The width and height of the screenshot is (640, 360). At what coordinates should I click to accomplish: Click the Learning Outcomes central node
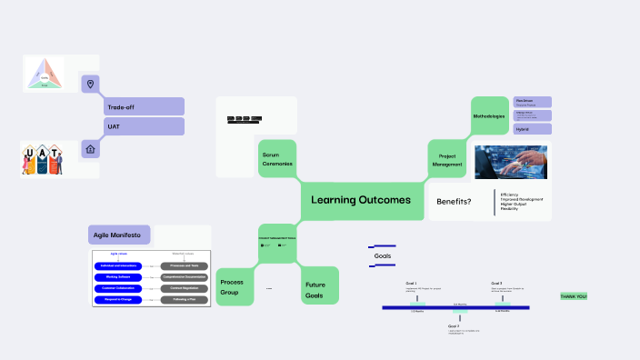coord(361,200)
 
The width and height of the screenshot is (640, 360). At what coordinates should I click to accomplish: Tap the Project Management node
coord(446,160)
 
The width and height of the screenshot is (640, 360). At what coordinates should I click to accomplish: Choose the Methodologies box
coord(489,117)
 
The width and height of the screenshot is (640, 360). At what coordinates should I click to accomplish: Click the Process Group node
coord(233,287)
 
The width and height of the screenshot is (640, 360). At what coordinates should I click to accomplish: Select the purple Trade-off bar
coord(145,106)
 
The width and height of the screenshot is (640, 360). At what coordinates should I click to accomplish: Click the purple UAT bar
coord(145,126)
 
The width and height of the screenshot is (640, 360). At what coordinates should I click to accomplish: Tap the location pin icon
coord(90,85)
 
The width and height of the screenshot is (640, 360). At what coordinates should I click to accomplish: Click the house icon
coord(90,148)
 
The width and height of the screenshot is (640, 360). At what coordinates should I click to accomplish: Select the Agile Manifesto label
coord(119,235)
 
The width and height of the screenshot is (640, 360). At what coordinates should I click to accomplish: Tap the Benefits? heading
coord(455,202)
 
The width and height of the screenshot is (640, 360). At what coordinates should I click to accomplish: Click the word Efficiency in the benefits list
coord(509,194)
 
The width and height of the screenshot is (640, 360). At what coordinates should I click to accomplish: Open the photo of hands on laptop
coord(511,161)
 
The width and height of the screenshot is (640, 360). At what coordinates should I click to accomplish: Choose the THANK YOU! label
coord(574,296)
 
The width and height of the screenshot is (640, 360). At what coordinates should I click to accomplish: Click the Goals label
coord(383,256)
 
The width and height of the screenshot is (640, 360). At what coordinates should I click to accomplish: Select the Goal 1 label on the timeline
coord(412,284)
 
